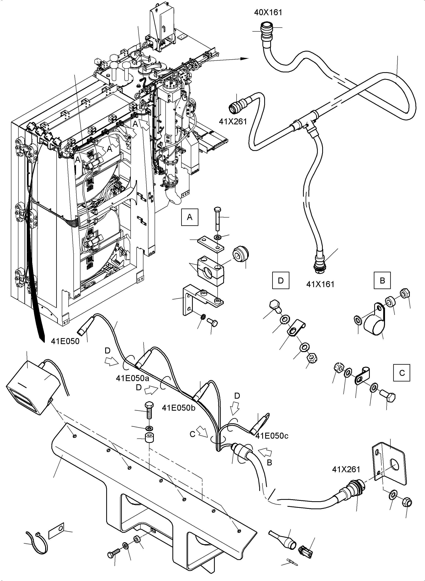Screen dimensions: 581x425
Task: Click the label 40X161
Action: point(268,13)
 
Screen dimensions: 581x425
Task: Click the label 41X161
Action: point(320,284)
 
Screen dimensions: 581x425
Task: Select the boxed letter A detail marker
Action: point(190,217)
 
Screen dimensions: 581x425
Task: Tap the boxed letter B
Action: point(382,280)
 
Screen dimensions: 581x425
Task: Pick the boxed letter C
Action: point(402,373)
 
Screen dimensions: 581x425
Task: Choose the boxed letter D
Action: point(281,280)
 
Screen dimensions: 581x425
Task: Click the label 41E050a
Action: point(132,378)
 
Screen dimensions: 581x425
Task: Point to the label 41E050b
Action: point(179,408)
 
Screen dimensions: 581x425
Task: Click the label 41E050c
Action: point(272,436)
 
